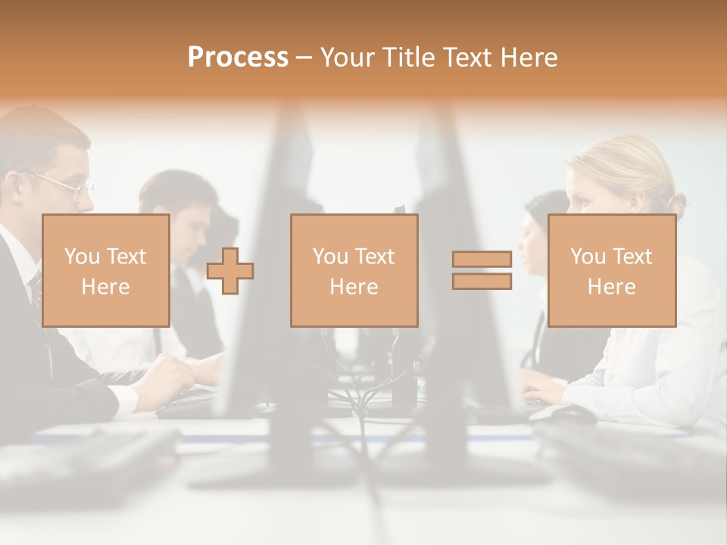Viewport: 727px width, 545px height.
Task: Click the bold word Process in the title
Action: [238, 58]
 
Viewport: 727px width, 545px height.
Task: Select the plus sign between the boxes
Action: [230, 271]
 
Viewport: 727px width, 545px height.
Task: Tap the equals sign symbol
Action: [482, 270]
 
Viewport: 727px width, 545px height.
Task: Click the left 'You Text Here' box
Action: [105, 270]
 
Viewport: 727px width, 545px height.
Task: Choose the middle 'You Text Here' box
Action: [354, 270]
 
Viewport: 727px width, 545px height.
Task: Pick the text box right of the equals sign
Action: [611, 270]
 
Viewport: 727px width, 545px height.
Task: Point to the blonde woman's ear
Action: [640, 198]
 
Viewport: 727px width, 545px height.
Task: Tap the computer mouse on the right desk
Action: [572, 413]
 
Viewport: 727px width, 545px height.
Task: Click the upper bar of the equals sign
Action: [482, 260]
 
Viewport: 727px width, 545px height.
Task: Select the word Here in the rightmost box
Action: [611, 286]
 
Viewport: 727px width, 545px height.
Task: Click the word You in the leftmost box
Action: [80, 256]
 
